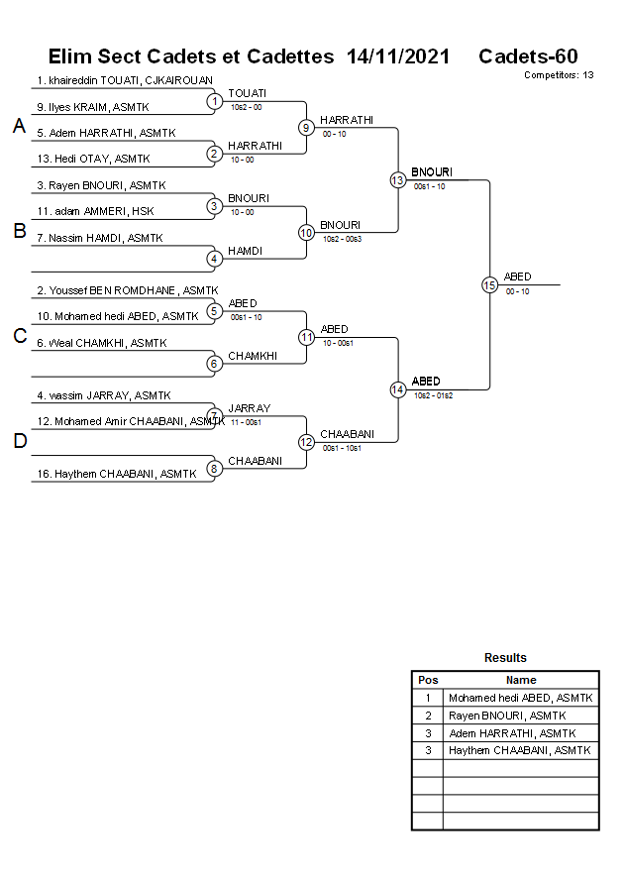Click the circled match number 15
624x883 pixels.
click(489, 284)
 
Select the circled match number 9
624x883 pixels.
click(306, 127)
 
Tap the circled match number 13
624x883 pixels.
click(397, 179)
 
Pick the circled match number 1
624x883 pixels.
click(214, 100)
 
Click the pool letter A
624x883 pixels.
click(18, 126)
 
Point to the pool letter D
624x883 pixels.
click(19, 441)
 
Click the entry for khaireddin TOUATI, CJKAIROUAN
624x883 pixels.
click(125, 80)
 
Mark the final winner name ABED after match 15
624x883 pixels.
click(517, 276)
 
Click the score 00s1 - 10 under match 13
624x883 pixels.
click(430, 186)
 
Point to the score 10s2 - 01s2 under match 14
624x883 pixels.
click(433, 395)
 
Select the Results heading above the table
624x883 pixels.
click(505, 658)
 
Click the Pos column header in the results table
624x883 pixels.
click(428, 680)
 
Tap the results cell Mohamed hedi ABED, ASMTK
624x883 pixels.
click(521, 698)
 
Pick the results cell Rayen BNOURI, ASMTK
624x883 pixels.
click(507, 716)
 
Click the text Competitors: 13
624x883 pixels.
click(559, 75)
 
